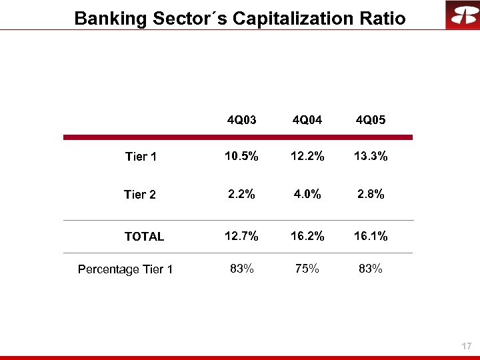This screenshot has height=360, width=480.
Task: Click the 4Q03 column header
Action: (241, 121)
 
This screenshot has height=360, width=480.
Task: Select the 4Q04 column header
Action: (306, 121)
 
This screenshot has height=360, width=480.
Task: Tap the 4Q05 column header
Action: (371, 121)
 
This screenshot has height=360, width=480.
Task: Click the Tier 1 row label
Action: (141, 157)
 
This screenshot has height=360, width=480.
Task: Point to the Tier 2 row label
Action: (140, 195)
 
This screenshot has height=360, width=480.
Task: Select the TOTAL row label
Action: (144, 236)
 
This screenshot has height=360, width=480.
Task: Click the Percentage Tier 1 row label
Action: (125, 269)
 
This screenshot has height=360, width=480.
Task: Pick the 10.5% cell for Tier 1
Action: (241, 157)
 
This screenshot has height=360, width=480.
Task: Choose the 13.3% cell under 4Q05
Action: (371, 157)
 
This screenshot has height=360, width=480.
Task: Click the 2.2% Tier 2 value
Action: (241, 194)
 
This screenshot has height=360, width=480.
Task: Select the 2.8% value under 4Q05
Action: (371, 194)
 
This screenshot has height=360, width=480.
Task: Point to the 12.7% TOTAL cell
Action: (241, 235)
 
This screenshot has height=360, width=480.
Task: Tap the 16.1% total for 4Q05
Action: (371, 235)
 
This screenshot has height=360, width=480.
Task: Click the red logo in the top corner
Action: (462, 15)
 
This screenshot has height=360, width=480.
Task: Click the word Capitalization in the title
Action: (287, 18)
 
